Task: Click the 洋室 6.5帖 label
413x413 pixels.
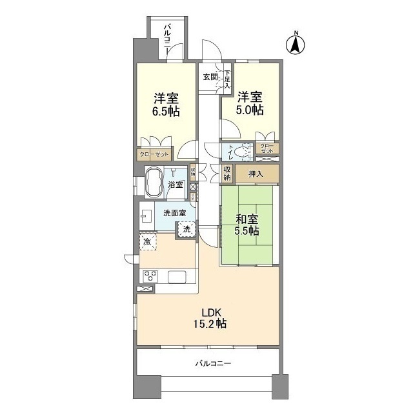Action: tap(166, 105)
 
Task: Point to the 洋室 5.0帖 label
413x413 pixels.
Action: tap(250, 104)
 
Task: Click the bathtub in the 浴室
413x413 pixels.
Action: tap(154, 182)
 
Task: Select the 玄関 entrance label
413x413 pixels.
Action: tap(210, 77)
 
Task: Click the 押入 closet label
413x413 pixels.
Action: tap(256, 173)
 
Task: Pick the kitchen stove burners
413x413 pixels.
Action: tap(151, 276)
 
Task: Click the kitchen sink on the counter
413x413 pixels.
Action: tap(177, 277)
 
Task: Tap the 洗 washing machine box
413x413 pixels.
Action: tap(186, 228)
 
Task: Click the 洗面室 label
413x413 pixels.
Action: tap(174, 213)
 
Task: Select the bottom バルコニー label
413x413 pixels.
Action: tap(212, 363)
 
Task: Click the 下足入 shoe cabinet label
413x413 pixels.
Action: tap(227, 78)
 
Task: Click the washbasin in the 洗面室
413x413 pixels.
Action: tap(147, 214)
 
